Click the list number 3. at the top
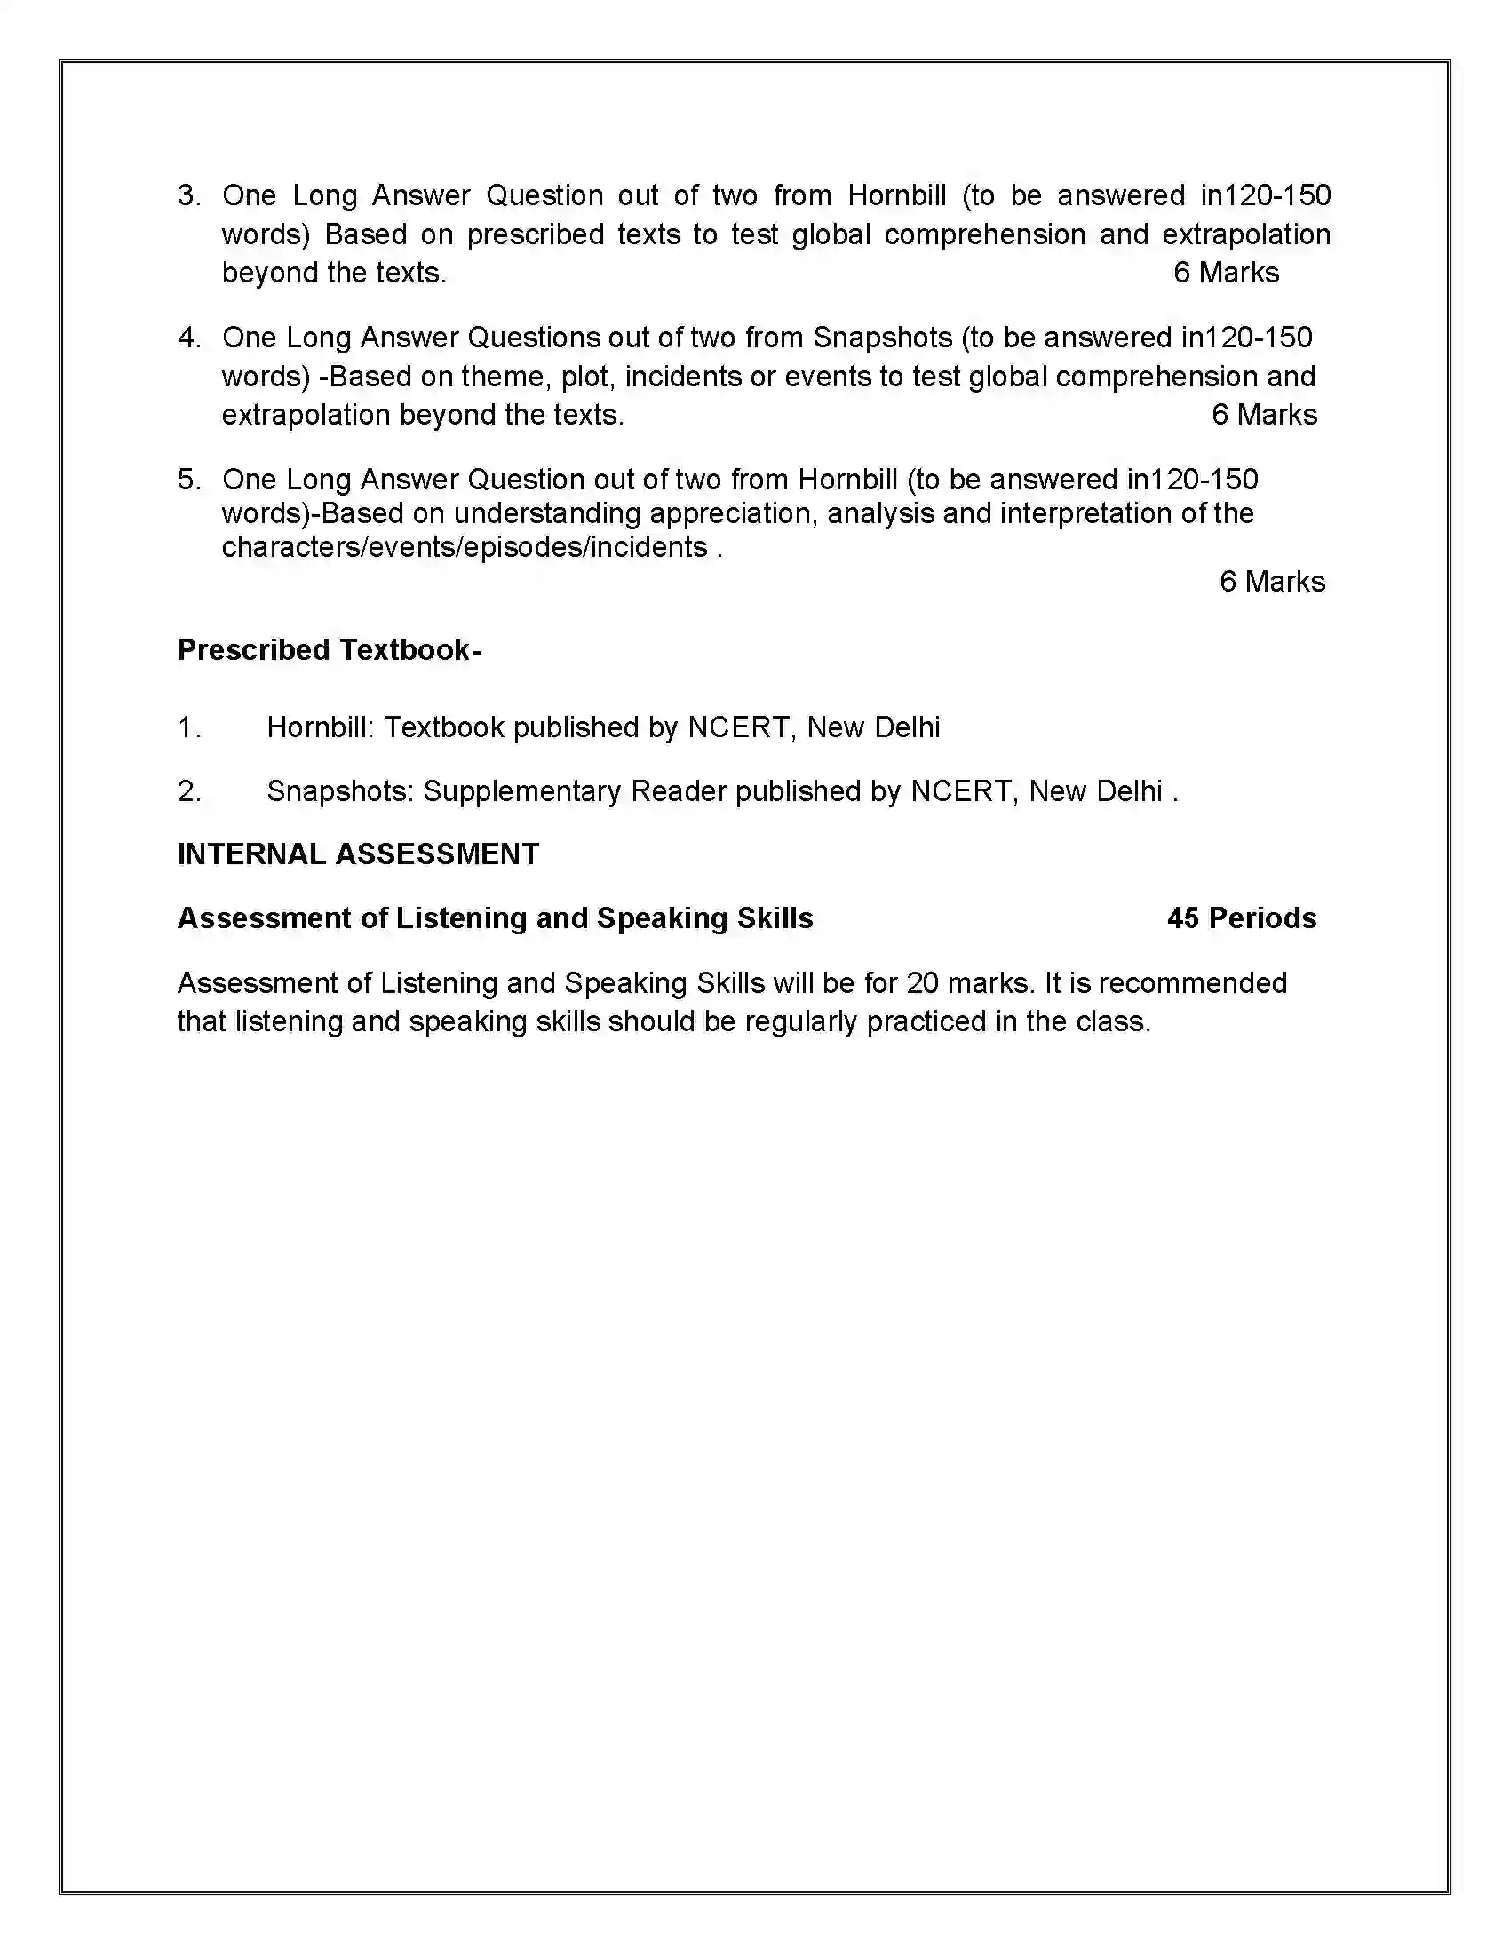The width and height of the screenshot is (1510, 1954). [188, 196]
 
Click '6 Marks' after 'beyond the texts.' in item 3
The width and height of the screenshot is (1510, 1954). [1226, 273]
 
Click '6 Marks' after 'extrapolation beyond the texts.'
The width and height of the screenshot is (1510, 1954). [1264, 415]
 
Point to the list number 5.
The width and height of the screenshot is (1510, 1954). [188, 480]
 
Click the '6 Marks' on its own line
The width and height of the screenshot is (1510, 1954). [1271, 582]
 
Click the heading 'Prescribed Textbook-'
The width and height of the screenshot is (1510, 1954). [330, 650]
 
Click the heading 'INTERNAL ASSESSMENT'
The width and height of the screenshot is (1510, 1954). [358, 854]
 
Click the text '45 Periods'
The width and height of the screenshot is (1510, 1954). [1241, 919]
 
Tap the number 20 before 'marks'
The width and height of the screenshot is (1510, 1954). [922, 983]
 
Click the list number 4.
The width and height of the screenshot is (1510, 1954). [188, 338]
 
